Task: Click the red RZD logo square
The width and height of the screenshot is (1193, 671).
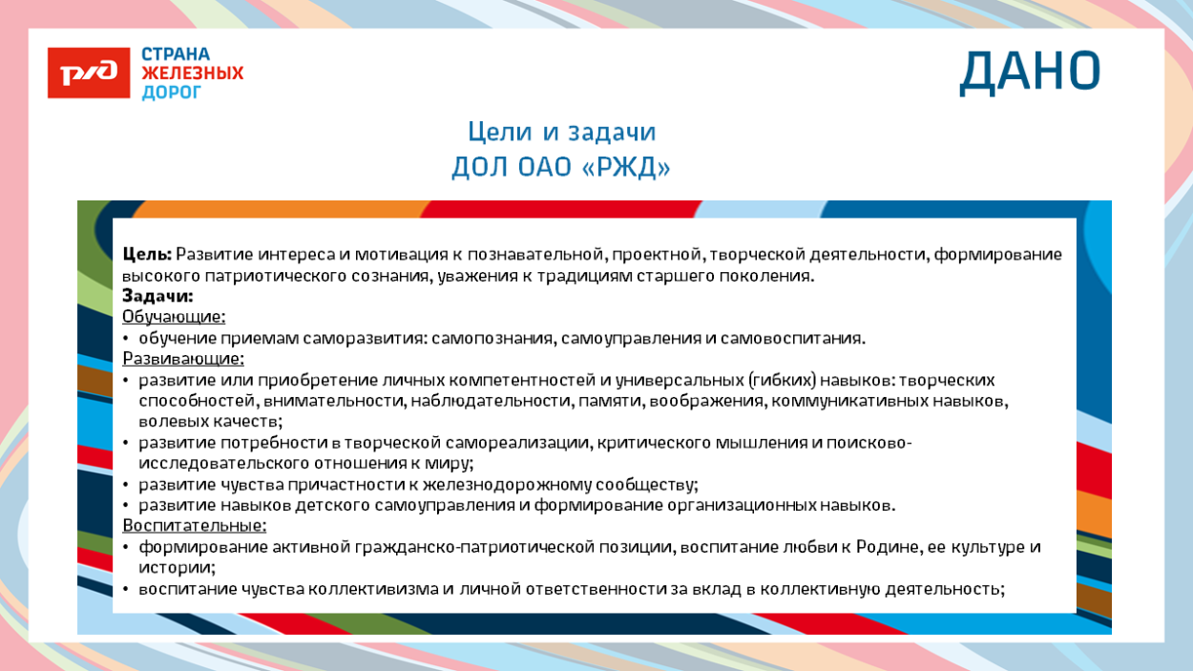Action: (89, 73)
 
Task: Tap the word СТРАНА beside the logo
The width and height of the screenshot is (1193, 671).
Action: (176, 54)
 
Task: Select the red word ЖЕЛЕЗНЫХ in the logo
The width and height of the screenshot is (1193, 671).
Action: (193, 73)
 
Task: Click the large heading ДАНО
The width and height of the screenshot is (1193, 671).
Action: (1030, 72)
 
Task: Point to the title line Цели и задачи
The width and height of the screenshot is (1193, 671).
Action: (561, 132)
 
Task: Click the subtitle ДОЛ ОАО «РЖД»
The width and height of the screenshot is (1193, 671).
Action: (561, 168)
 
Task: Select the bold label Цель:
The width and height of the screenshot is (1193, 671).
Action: (147, 255)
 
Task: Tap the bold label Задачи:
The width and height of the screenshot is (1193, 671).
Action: (157, 297)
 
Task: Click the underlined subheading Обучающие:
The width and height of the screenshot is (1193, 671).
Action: (174, 317)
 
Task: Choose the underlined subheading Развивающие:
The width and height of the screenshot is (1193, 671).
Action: (183, 359)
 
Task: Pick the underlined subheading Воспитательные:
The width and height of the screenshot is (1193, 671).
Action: (195, 526)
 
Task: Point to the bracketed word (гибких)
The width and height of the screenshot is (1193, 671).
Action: (781, 380)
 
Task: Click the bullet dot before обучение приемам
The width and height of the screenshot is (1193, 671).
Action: (126, 339)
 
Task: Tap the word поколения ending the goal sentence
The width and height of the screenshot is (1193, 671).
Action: (769, 276)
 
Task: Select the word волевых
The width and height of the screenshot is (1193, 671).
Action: (168, 421)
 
